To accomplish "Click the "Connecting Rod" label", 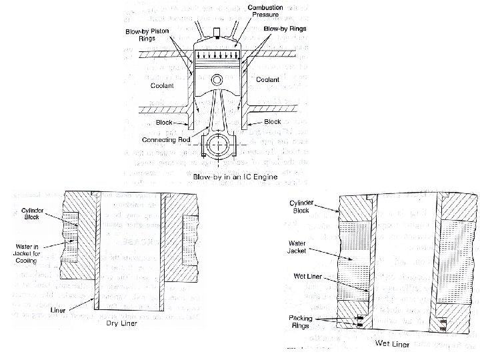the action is click(x=165, y=140).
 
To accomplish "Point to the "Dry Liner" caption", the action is click(x=123, y=325).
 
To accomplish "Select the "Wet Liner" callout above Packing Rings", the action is click(x=309, y=276).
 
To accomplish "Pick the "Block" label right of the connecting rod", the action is click(x=273, y=123).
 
